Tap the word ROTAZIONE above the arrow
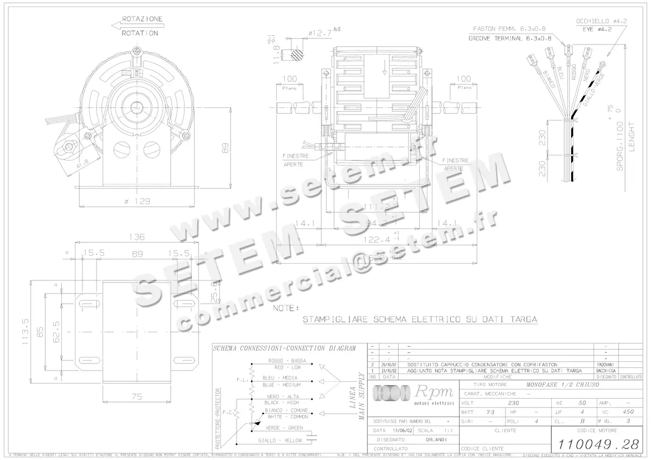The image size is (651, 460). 142,19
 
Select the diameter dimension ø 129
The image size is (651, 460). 136,201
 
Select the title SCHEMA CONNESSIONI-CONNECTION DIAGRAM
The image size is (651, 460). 285,348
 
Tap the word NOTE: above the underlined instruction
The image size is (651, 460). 285,308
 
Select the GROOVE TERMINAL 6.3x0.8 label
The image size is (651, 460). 510,39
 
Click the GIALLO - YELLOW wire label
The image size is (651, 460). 280,440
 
